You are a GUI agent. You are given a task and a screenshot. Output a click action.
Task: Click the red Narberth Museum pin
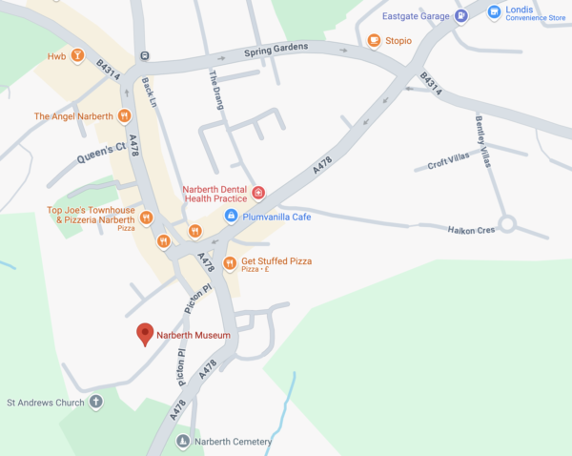click(x=145, y=334)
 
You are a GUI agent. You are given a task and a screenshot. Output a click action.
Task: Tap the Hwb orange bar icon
click(x=76, y=56)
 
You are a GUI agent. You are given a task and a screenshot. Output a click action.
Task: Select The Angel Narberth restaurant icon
click(x=124, y=116)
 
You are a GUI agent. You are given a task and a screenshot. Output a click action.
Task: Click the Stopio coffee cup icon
click(x=374, y=40)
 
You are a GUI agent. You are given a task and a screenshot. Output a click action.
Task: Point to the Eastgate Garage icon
click(x=461, y=15)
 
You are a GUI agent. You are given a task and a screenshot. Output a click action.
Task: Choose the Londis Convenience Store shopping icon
click(x=493, y=12)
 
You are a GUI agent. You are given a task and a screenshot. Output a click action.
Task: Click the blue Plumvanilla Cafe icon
click(x=230, y=217)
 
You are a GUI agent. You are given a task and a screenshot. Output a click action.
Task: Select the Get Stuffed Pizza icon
click(x=229, y=262)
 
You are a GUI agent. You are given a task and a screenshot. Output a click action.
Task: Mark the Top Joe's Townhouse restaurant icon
click(x=146, y=218)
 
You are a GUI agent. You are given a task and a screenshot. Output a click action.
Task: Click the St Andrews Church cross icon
click(x=94, y=403)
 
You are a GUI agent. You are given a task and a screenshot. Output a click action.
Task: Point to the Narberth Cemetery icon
click(x=182, y=441)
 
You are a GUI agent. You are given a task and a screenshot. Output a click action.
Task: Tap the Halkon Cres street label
click(x=472, y=229)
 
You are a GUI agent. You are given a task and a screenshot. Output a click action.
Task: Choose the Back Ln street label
click(x=147, y=92)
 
